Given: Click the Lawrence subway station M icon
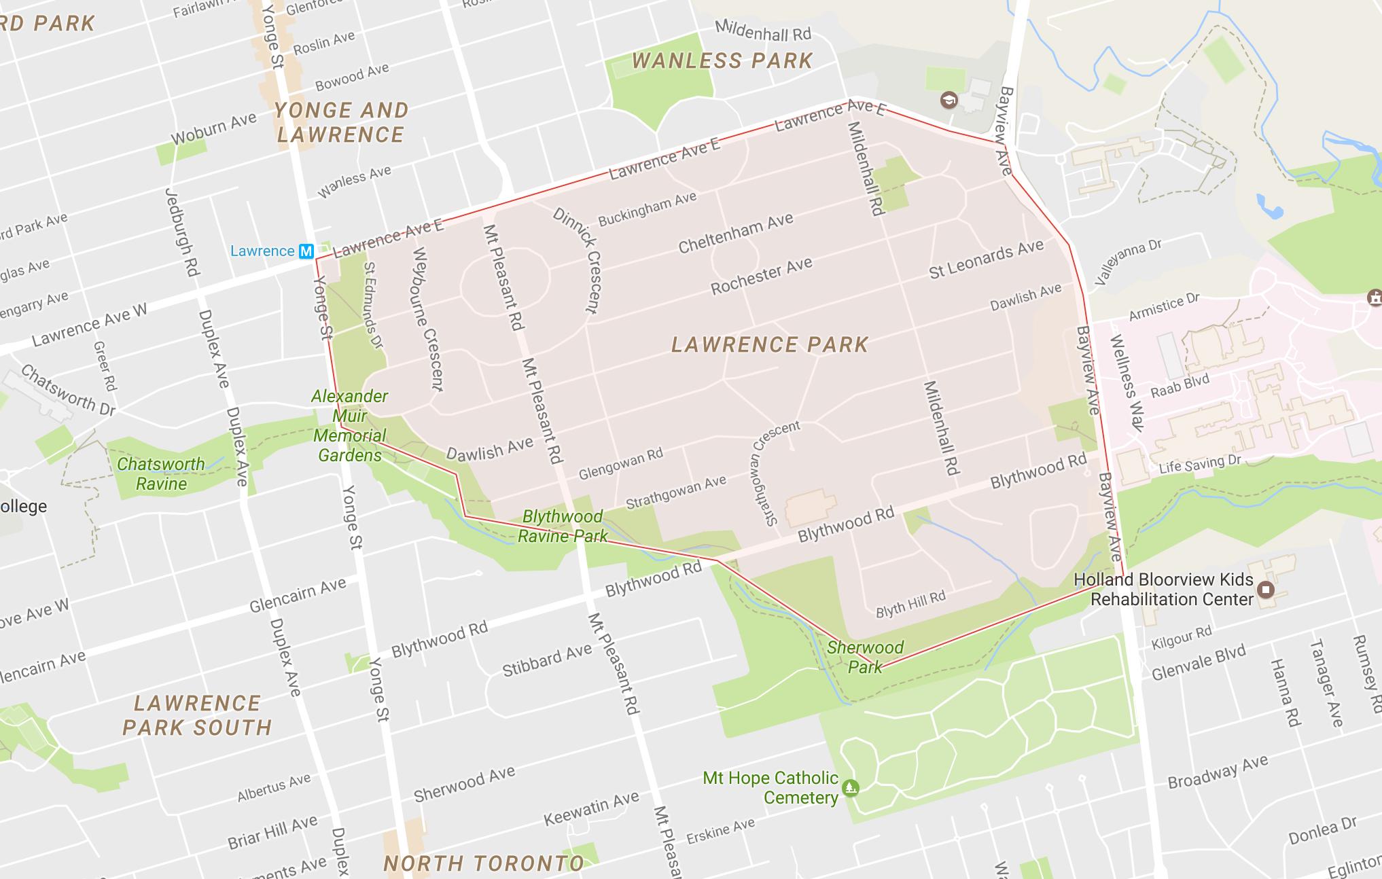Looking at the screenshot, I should pos(306,251).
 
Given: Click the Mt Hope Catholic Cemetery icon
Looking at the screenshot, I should pos(850,788).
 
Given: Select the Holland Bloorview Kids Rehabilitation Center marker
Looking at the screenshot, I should pos(1265,589).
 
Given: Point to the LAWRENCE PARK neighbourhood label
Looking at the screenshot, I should pos(770,344).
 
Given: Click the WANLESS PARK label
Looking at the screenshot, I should pos(722,61).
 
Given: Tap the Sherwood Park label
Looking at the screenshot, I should pos(865,657).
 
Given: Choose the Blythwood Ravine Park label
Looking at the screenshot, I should pos(563,526).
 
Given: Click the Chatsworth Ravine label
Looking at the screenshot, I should pos(161,473).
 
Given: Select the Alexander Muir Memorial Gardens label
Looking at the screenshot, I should pos(350,425).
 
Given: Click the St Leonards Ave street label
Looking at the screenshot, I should pos(986,259).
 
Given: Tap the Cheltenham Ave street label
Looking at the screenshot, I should pos(736,232).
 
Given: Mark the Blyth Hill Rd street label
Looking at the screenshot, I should pos(910,604).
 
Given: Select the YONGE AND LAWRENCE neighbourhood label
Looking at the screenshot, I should pos(341,122).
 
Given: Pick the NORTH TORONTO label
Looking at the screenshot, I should pos(484,863).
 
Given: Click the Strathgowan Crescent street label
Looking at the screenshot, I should pos(775,473).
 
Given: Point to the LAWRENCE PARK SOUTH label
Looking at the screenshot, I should pos(197,715).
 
